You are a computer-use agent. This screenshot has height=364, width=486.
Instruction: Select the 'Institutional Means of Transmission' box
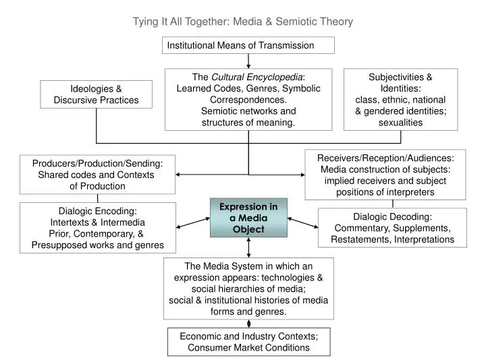coord(248,45)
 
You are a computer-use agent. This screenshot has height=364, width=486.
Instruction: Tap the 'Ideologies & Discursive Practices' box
coord(96,94)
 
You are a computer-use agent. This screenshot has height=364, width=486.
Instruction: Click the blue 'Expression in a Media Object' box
coord(249,218)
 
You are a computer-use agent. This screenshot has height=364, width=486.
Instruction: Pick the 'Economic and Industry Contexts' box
coord(248,342)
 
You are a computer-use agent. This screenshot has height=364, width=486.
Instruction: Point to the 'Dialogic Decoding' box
coord(391,228)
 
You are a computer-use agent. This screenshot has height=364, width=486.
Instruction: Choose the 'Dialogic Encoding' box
coord(98,228)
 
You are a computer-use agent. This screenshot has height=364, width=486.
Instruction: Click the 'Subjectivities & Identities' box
coord(400,99)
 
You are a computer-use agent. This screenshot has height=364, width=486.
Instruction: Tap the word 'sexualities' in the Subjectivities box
coord(400,122)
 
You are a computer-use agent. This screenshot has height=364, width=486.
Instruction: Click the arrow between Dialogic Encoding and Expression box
coord(193,222)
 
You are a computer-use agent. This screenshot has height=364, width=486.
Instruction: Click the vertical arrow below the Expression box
coord(248,247)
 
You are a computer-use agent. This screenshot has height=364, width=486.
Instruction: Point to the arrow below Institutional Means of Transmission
coord(248,60)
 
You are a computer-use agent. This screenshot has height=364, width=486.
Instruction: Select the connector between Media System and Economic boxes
coord(248,324)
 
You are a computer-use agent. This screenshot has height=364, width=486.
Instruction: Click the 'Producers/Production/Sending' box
coord(98,175)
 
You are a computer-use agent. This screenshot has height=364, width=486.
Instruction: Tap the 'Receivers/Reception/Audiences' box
coord(385,175)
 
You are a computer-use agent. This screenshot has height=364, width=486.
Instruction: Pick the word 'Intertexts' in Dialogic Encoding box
coord(71,222)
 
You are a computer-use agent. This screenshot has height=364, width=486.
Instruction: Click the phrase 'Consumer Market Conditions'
coord(248,348)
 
